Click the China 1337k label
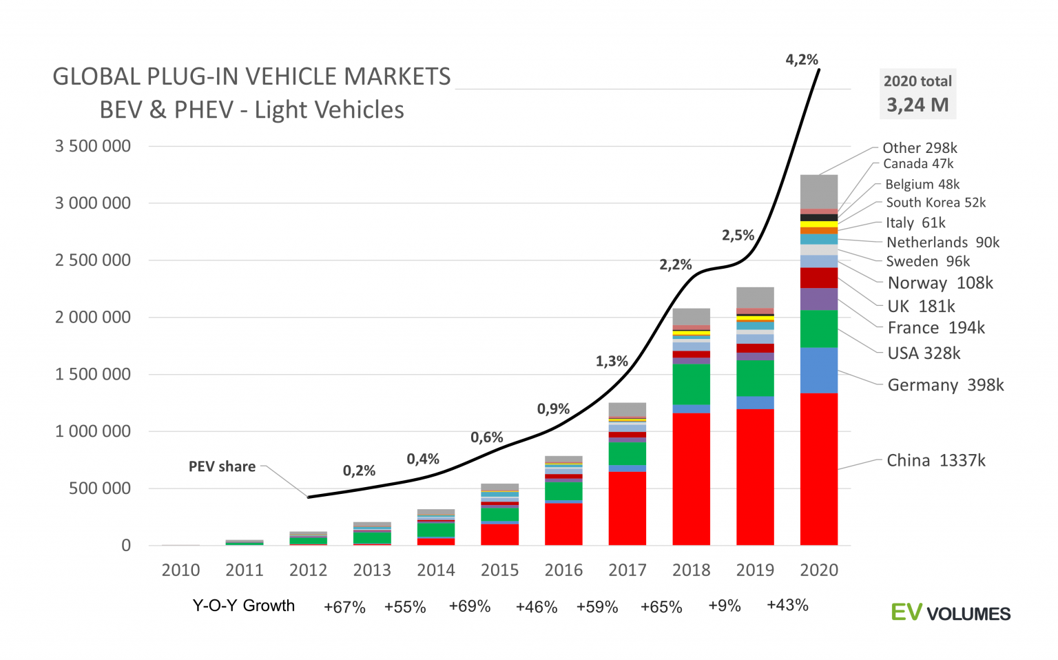coord(935,460)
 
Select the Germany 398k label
coord(945,385)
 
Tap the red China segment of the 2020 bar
coord(818,468)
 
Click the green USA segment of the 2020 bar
coord(818,329)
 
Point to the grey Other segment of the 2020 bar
coord(818,192)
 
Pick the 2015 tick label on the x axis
coord(499,570)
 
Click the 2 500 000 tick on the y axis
coord(93,260)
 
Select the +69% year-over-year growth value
coord(469,606)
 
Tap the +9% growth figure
coord(724,606)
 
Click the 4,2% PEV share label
coord(802,60)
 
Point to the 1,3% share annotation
coord(612,361)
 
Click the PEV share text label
coord(222,466)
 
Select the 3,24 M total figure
coord(917,105)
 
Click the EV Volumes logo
coord(951,612)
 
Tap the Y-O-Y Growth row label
coord(243,606)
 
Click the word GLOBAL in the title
coord(98,76)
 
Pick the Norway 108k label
coord(940,283)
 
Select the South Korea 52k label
coord(935,203)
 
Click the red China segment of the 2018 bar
coord(691,479)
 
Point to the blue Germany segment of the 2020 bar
coord(818,370)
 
